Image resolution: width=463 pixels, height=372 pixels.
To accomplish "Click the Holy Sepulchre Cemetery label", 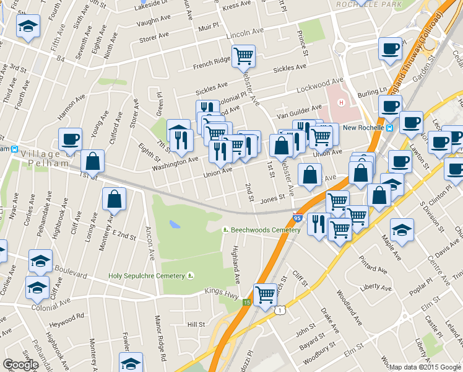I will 147,276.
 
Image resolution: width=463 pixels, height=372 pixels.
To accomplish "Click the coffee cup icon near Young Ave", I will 70,138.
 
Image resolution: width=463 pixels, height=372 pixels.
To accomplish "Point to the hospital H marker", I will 340,102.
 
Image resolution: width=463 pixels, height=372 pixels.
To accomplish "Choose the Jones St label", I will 272,198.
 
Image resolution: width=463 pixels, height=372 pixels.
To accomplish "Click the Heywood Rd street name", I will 72,316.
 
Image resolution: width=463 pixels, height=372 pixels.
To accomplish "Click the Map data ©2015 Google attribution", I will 425,366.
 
